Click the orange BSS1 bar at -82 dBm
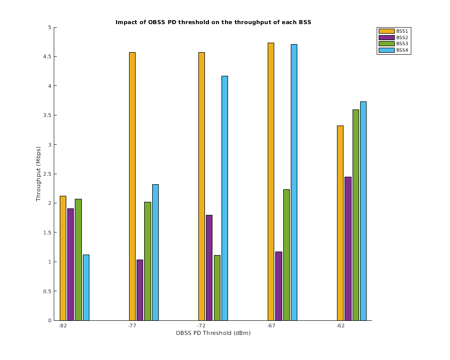pos(63,258)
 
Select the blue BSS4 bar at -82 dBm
pos(86,287)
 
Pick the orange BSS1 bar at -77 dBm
pos(132,186)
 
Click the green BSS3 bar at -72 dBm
pos(217,288)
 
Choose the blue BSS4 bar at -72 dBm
pos(224,198)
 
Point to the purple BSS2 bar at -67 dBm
pos(278,286)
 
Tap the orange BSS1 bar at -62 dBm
pos(340,223)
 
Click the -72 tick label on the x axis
pos(201,326)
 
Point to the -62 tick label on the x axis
pos(341,326)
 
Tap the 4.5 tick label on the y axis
pos(48,57)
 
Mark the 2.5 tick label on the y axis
pos(48,174)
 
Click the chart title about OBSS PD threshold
pos(216,22)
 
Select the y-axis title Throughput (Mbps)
pos(38,174)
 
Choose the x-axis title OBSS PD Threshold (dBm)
pos(213,333)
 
